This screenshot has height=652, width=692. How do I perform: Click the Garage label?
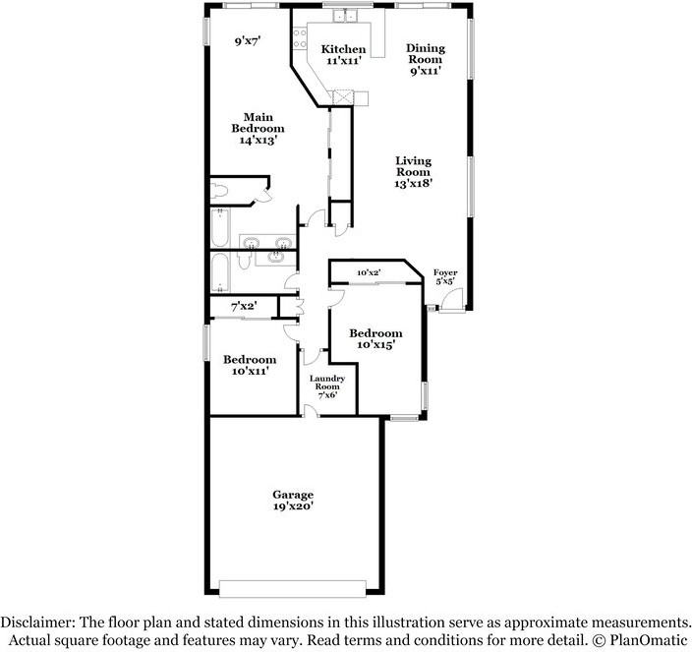tap(293, 495)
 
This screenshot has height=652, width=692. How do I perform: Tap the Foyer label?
tap(445, 272)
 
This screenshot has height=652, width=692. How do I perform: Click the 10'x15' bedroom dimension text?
tap(375, 345)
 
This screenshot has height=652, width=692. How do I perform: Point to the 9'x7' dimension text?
tap(247, 41)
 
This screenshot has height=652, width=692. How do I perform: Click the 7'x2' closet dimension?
tap(243, 307)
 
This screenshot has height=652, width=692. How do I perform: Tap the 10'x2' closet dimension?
tap(369, 271)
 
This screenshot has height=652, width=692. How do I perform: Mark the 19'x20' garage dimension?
tap(293, 508)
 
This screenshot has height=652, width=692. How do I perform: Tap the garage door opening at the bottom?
tap(293, 587)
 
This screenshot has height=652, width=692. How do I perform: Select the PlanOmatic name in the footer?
tap(646, 641)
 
